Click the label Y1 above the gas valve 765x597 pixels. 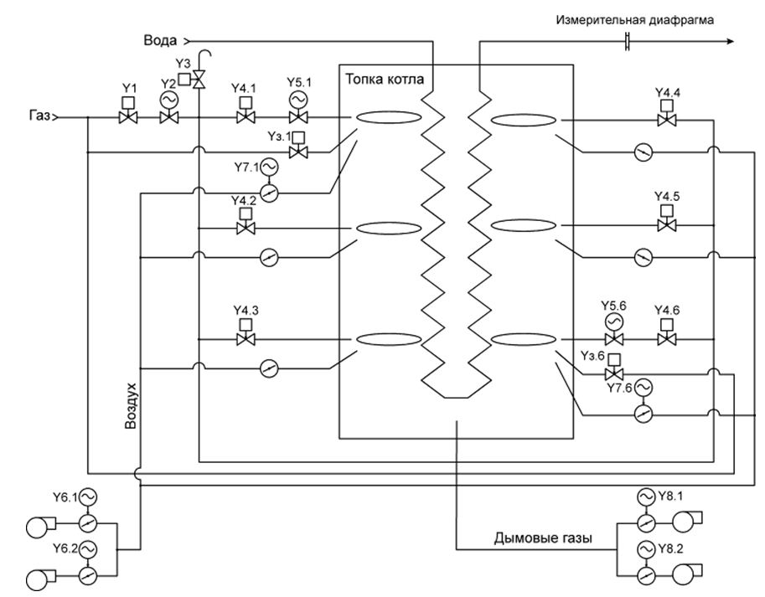(x=128, y=87)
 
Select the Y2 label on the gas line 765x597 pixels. (x=168, y=82)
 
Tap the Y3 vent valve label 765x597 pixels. (x=184, y=64)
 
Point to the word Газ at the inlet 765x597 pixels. (x=37, y=118)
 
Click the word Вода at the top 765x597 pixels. (x=161, y=40)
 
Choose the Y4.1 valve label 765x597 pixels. (x=246, y=87)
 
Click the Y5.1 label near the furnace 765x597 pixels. (x=297, y=83)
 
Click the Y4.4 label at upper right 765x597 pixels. (x=667, y=91)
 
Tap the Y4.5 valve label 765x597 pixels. (x=667, y=196)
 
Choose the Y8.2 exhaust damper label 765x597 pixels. (x=671, y=548)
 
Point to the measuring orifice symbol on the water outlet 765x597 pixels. (x=628, y=40)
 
